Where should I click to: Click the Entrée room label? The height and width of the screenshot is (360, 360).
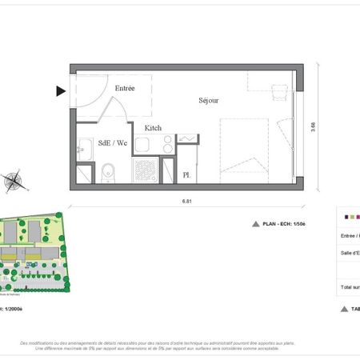click(x=125, y=88)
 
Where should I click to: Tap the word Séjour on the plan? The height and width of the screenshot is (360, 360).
click(x=209, y=101)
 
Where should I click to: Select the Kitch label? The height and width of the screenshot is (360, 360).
click(x=153, y=127)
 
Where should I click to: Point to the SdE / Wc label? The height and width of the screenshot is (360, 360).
click(x=112, y=143)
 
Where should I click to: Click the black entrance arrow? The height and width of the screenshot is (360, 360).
click(x=61, y=91)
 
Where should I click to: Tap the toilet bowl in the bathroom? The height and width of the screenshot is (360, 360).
click(x=109, y=172)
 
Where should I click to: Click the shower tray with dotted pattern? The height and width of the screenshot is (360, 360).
click(x=145, y=171)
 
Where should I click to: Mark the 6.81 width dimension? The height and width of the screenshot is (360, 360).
click(x=186, y=202)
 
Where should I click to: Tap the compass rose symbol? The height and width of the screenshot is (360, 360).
click(x=14, y=181)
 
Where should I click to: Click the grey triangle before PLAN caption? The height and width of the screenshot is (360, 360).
click(x=256, y=225)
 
